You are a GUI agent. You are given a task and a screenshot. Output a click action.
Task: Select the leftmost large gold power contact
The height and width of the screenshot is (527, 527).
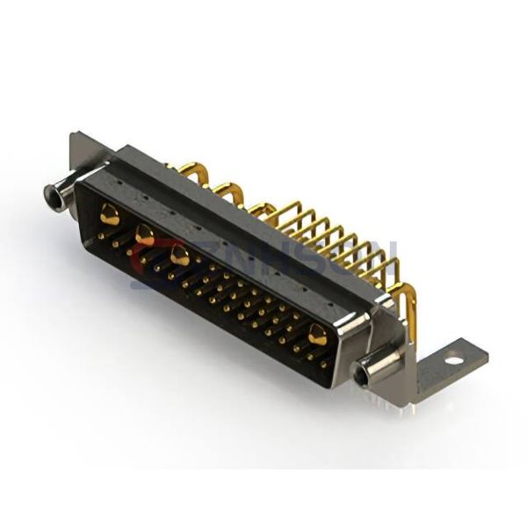pyautogui.click(x=110, y=213)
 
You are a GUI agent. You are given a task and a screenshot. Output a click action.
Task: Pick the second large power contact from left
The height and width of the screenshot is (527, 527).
pyautogui.click(x=145, y=235)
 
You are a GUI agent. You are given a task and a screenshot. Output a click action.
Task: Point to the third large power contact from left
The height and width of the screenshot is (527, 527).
pyautogui.click(x=180, y=256)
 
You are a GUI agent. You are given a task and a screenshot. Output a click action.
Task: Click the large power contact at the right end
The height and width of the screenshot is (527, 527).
pyautogui.click(x=317, y=336)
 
